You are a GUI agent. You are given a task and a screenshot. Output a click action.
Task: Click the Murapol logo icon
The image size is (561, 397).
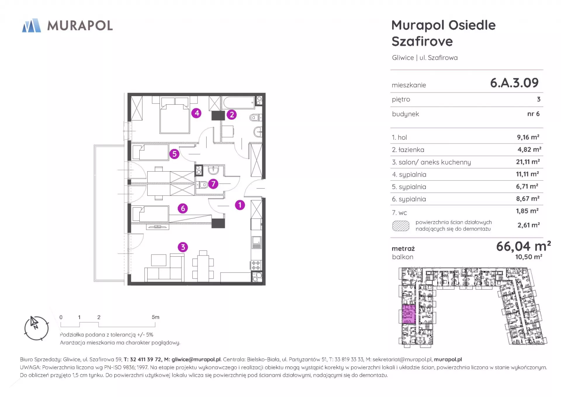pyautogui.click(x=32, y=25)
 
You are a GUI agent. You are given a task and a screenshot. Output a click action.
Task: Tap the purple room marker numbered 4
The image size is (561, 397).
pyautogui.click(x=197, y=113)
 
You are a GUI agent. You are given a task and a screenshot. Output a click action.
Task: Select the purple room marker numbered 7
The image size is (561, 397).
pyautogui.click(x=213, y=184)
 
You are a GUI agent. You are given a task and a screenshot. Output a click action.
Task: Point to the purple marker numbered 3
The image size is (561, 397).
pyautogui.click(x=183, y=247)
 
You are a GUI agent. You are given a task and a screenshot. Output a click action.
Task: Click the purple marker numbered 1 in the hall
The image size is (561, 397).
pyautogui.click(x=240, y=205)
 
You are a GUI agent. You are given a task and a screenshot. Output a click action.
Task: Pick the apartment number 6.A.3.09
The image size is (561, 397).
pyautogui.click(x=514, y=83)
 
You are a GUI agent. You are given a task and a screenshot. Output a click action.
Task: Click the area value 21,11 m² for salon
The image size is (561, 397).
pyautogui.click(x=528, y=162)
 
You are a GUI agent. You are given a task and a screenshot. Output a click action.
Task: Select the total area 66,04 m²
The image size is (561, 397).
pyautogui.click(x=523, y=246)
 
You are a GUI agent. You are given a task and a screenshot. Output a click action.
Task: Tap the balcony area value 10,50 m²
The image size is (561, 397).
pyautogui.click(x=529, y=257)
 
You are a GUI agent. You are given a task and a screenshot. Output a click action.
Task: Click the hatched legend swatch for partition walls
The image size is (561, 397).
pyautogui.click(x=401, y=226)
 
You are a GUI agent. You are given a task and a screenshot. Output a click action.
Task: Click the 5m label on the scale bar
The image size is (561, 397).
pyautogui.click(x=155, y=317)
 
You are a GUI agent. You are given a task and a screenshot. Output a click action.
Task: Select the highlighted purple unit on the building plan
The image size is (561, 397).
pyautogui.click(x=409, y=314)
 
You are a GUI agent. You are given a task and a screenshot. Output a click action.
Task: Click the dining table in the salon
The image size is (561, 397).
pyautogui.click(x=203, y=266)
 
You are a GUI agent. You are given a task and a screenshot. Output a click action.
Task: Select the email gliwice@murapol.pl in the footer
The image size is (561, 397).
pyautogui.click(x=196, y=360)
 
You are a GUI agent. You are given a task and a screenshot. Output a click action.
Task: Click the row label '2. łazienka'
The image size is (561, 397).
pyautogui.click(x=408, y=150)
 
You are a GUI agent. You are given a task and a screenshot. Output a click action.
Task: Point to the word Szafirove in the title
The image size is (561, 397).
pyautogui.click(x=422, y=42)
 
